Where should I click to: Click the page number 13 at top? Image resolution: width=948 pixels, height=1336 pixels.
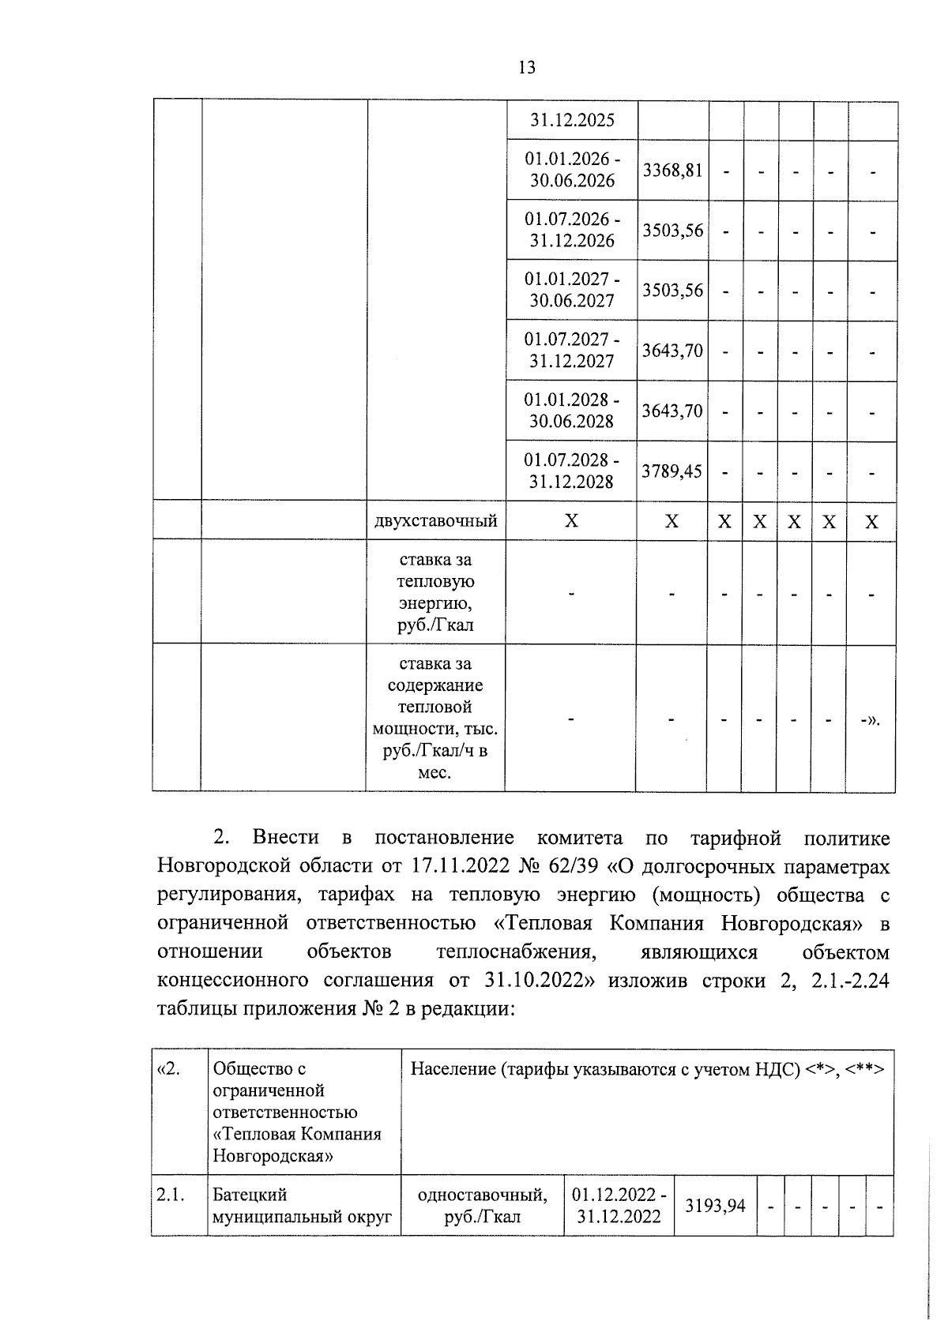click(x=527, y=68)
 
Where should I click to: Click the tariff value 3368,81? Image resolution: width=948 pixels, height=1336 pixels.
click(x=671, y=171)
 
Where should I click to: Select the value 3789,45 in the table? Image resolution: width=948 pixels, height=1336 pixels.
click(x=671, y=471)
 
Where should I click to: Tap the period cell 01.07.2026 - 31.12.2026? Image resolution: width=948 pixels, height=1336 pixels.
click(x=571, y=230)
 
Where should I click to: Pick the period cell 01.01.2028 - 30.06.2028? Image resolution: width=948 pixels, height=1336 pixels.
click(x=571, y=411)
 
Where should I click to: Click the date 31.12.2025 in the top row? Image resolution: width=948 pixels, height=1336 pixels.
click(x=571, y=121)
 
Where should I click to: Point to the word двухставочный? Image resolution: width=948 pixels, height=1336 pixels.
click(x=435, y=521)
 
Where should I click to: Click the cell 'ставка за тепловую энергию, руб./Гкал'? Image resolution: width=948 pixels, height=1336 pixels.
click(x=435, y=592)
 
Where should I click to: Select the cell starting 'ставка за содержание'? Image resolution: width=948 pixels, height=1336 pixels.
click(x=435, y=718)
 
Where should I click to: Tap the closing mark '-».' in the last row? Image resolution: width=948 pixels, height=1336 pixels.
click(x=871, y=719)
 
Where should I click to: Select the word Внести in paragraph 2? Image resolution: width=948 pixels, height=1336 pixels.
click(x=286, y=838)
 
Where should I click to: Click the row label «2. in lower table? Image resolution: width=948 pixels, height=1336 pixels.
click(x=169, y=1069)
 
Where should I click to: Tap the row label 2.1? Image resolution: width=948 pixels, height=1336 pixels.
click(x=171, y=1195)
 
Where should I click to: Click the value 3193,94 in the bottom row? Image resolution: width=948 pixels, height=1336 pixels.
click(x=715, y=1206)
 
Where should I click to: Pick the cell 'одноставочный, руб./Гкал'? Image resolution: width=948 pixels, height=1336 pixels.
click(x=482, y=1206)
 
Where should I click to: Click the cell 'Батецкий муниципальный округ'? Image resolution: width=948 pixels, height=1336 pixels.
click(x=302, y=1206)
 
